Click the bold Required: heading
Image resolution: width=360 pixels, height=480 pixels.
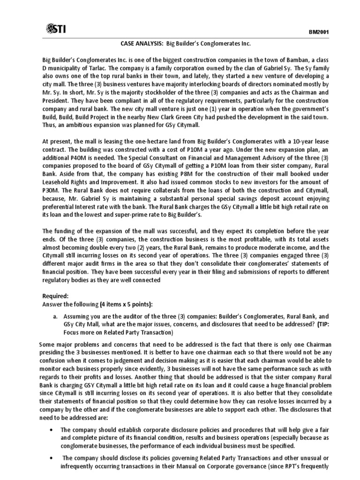click(x=55, y=296)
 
